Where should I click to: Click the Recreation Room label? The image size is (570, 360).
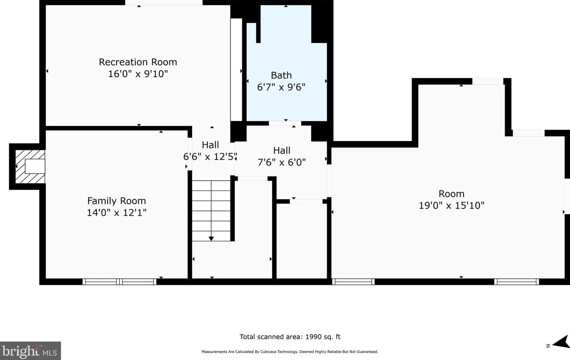click(138, 62)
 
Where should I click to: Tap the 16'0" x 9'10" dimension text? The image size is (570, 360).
click(138, 74)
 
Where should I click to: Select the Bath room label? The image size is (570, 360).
click(281, 75)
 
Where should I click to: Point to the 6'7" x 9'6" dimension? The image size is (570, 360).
click(281, 87)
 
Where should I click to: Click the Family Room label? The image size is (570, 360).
click(117, 201)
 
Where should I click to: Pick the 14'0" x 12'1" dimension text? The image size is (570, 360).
click(117, 213)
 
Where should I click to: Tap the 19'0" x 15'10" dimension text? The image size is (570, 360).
click(451, 205)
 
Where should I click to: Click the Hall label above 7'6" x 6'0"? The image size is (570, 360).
click(282, 150)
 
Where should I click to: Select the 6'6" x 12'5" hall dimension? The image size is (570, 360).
click(210, 156)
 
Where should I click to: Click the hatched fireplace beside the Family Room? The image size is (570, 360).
click(30, 167)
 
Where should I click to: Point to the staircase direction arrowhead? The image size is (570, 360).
click(211, 239)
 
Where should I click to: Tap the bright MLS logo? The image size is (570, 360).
click(30, 351)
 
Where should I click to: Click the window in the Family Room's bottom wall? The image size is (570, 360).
click(119, 282)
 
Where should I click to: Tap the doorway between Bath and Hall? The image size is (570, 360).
click(285, 124)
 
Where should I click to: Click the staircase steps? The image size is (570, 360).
click(211, 210)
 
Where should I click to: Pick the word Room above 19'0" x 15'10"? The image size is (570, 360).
click(451, 194)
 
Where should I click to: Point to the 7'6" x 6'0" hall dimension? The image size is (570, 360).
click(282, 162)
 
